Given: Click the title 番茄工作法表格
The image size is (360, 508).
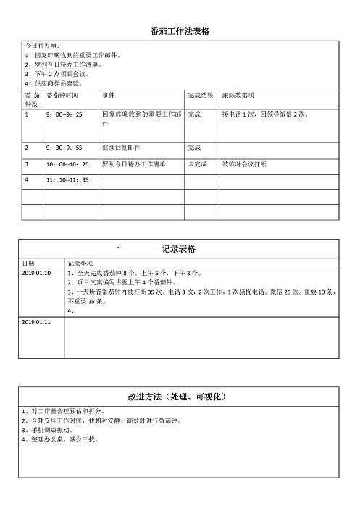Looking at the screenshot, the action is click(180, 31).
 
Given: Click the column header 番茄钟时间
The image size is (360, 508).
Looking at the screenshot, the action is click(62, 96).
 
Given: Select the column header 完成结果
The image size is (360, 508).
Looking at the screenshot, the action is click(200, 96).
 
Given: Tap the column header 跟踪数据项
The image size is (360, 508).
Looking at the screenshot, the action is click(238, 96).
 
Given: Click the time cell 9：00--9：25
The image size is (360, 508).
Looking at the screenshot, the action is click(64, 114).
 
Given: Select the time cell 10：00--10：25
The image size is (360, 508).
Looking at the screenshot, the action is click(67, 164).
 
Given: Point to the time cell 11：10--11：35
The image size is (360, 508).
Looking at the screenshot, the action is click(67, 179).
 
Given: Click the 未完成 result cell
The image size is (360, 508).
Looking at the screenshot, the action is click(198, 164).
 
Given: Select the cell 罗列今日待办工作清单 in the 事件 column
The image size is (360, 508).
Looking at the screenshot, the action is click(133, 164).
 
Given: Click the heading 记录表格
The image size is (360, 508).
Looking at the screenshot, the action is click(180, 249).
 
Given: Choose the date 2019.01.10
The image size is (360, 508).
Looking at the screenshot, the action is click(37, 273).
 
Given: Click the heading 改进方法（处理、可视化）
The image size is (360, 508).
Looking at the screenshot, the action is click(180, 397).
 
